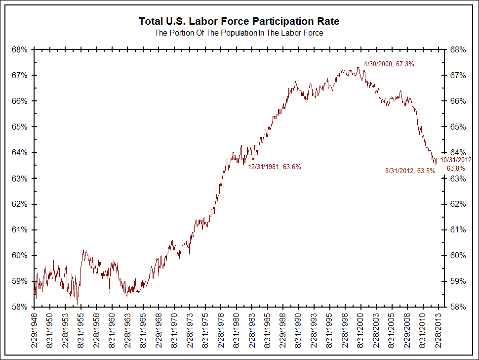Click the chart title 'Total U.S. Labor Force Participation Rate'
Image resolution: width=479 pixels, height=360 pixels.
(x=239, y=22)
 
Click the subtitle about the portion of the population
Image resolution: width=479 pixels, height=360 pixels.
(x=239, y=33)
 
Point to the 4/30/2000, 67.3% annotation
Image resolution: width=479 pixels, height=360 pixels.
(x=389, y=64)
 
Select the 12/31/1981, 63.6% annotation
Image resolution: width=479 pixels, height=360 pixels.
(x=275, y=167)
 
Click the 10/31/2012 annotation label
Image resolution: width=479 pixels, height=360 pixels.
(x=456, y=160)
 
